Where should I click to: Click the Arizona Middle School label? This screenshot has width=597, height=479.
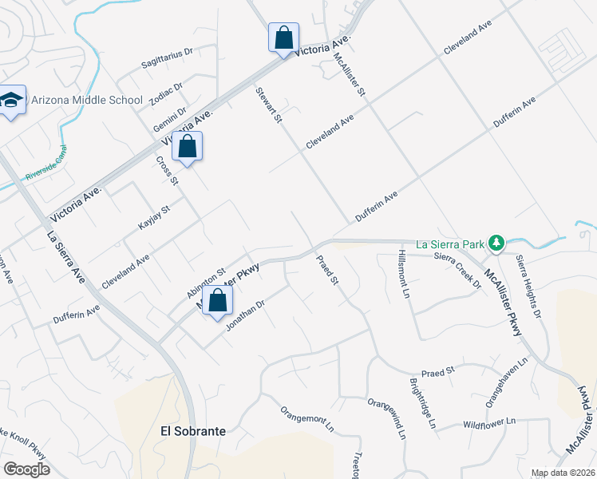coord(87,101)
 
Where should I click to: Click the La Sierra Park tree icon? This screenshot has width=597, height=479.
coord(496,242)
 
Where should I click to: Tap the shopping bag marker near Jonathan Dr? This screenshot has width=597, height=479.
coord(217,301)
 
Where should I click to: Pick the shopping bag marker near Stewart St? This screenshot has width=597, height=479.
coord(283,37)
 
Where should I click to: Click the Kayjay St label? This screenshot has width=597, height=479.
coord(155,218)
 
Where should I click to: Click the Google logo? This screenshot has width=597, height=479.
coord(26,469)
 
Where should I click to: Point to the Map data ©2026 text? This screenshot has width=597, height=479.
coord(563,473)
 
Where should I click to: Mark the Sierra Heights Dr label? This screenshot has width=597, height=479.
coord(528,283)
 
